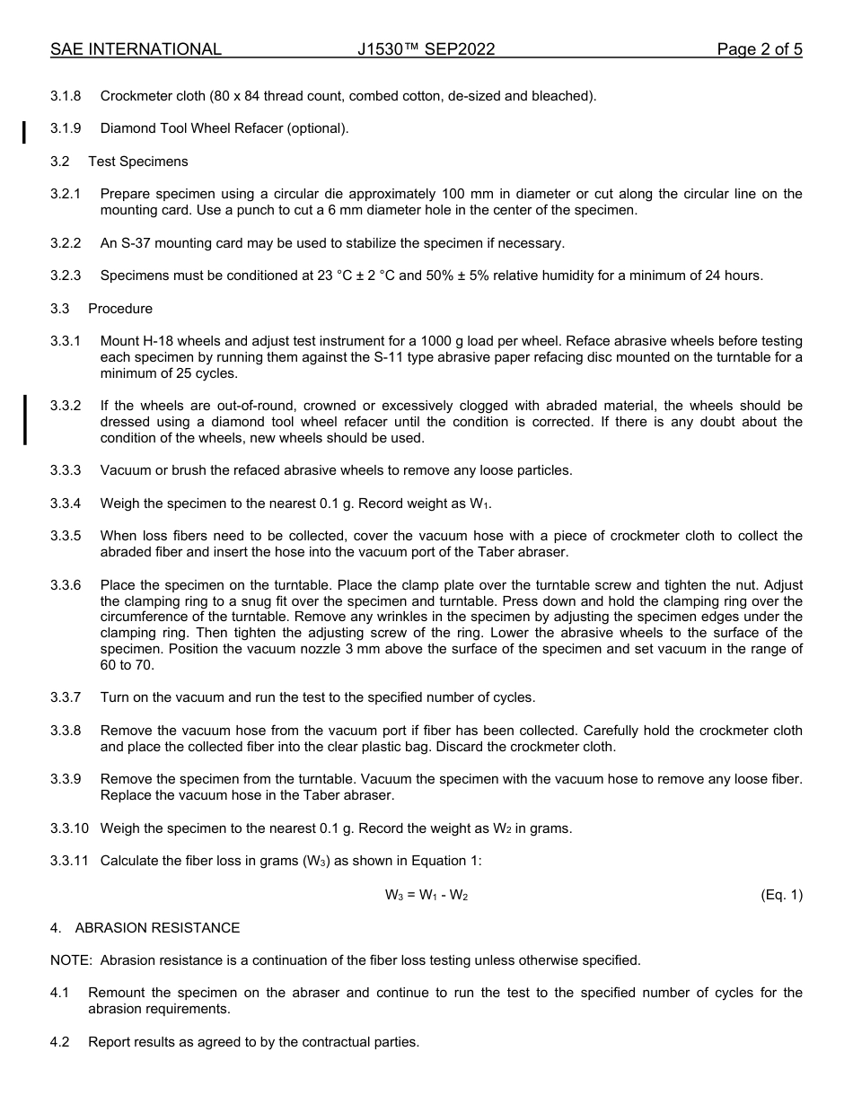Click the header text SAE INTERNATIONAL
(x=136, y=49)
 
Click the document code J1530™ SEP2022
(x=426, y=49)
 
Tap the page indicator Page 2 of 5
(x=759, y=49)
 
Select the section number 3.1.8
(x=66, y=96)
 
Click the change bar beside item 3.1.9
(x=24, y=132)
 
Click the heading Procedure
(x=120, y=309)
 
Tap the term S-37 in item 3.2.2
(x=140, y=243)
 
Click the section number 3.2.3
(x=66, y=276)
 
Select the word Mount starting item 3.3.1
(x=119, y=341)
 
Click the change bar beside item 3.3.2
(x=24, y=419)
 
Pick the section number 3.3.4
(x=66, y=504)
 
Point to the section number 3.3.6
(x=66, y=585)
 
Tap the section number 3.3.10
(x=69, y=828)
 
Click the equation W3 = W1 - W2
(x=426, y=895)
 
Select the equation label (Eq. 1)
(x=781, y=895)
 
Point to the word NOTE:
(x=71, y=960)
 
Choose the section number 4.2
(x=60, y=1042)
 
